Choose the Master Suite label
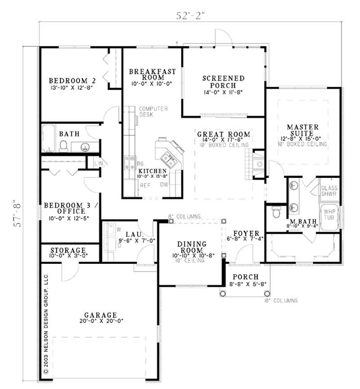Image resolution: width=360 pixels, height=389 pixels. click(x=302, y=130)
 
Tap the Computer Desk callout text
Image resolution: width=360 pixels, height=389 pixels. click(x=153, y=112)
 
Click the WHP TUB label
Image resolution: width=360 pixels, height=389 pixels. click(x=330, y=214)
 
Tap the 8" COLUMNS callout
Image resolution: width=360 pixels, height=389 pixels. click(x=184, y=216)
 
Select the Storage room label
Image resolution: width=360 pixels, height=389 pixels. click(x=68, y=250)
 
